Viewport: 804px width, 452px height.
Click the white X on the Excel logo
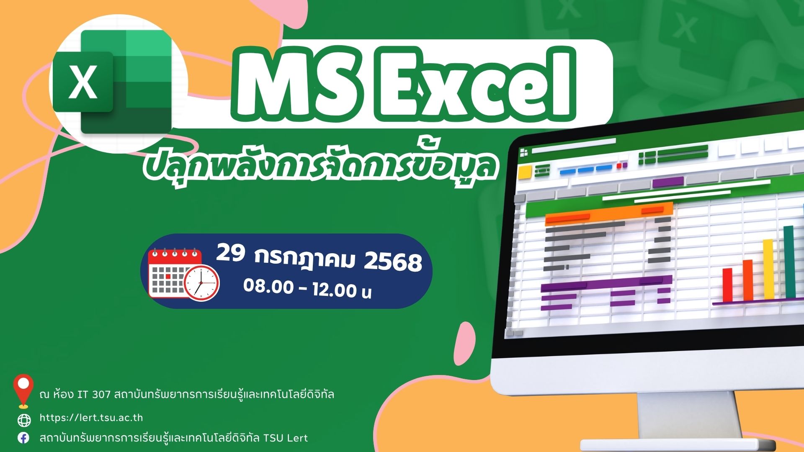pyautogui.click(x=82, y=82)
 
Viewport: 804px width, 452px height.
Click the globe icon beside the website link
pyautogui.click(x=24, y=420)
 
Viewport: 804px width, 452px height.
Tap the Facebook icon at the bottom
pyautogui.click(x=24, y=438)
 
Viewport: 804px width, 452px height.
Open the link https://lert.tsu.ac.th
pyautogui.click(x=91, y=418)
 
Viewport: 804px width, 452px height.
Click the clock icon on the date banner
pyautogui.click(x=201, y=282)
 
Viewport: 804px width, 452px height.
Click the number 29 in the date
pyautogui.click(x=230, y=253)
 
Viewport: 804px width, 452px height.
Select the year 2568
pyautogui.click(x=393, y=262)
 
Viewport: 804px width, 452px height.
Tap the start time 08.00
pyautogui.click(x=268, y=287)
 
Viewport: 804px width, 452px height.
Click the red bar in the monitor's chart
pyautogui.click(x=728, y=285)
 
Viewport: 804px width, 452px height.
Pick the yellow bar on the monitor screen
pyautogui.click(x=768, y=269)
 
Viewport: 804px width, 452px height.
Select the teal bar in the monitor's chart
pyautogui.click(x=789, y=262)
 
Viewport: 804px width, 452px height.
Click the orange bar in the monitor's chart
pyautogui.click(x=748, y=280)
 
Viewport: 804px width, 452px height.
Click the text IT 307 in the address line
pyautogui.click(x=94, y=394)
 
